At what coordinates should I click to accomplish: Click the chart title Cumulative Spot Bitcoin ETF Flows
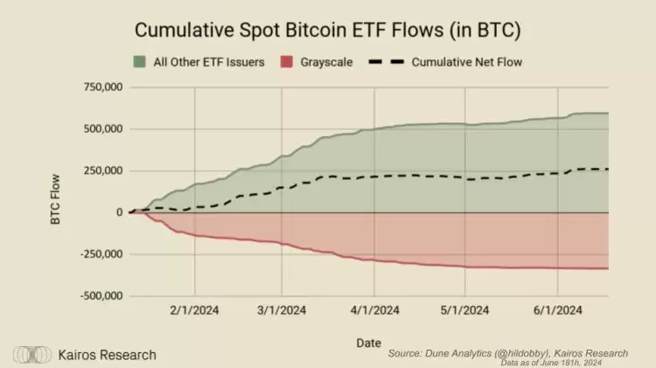click(329, 30)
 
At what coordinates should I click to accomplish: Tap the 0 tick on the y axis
click(118, 212)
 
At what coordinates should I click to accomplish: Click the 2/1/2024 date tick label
click(193, 309)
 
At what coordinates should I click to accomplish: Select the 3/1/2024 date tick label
click(282, 309)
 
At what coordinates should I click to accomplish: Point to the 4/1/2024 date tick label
click(374, 309)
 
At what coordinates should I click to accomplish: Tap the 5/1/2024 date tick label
click(465, 309)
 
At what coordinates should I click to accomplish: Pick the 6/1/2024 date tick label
click(557, 309)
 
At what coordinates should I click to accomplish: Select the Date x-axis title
click(368, 343)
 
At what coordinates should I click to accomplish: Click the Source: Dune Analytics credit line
click(507, 353)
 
